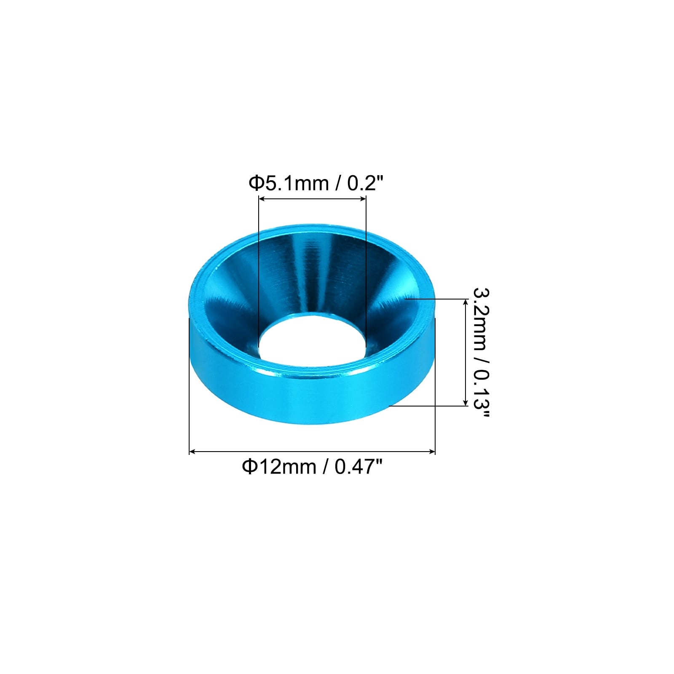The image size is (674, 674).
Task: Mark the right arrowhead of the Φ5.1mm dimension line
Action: click(363, 199)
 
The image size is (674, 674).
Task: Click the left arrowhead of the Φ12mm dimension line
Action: click(193, 452)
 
